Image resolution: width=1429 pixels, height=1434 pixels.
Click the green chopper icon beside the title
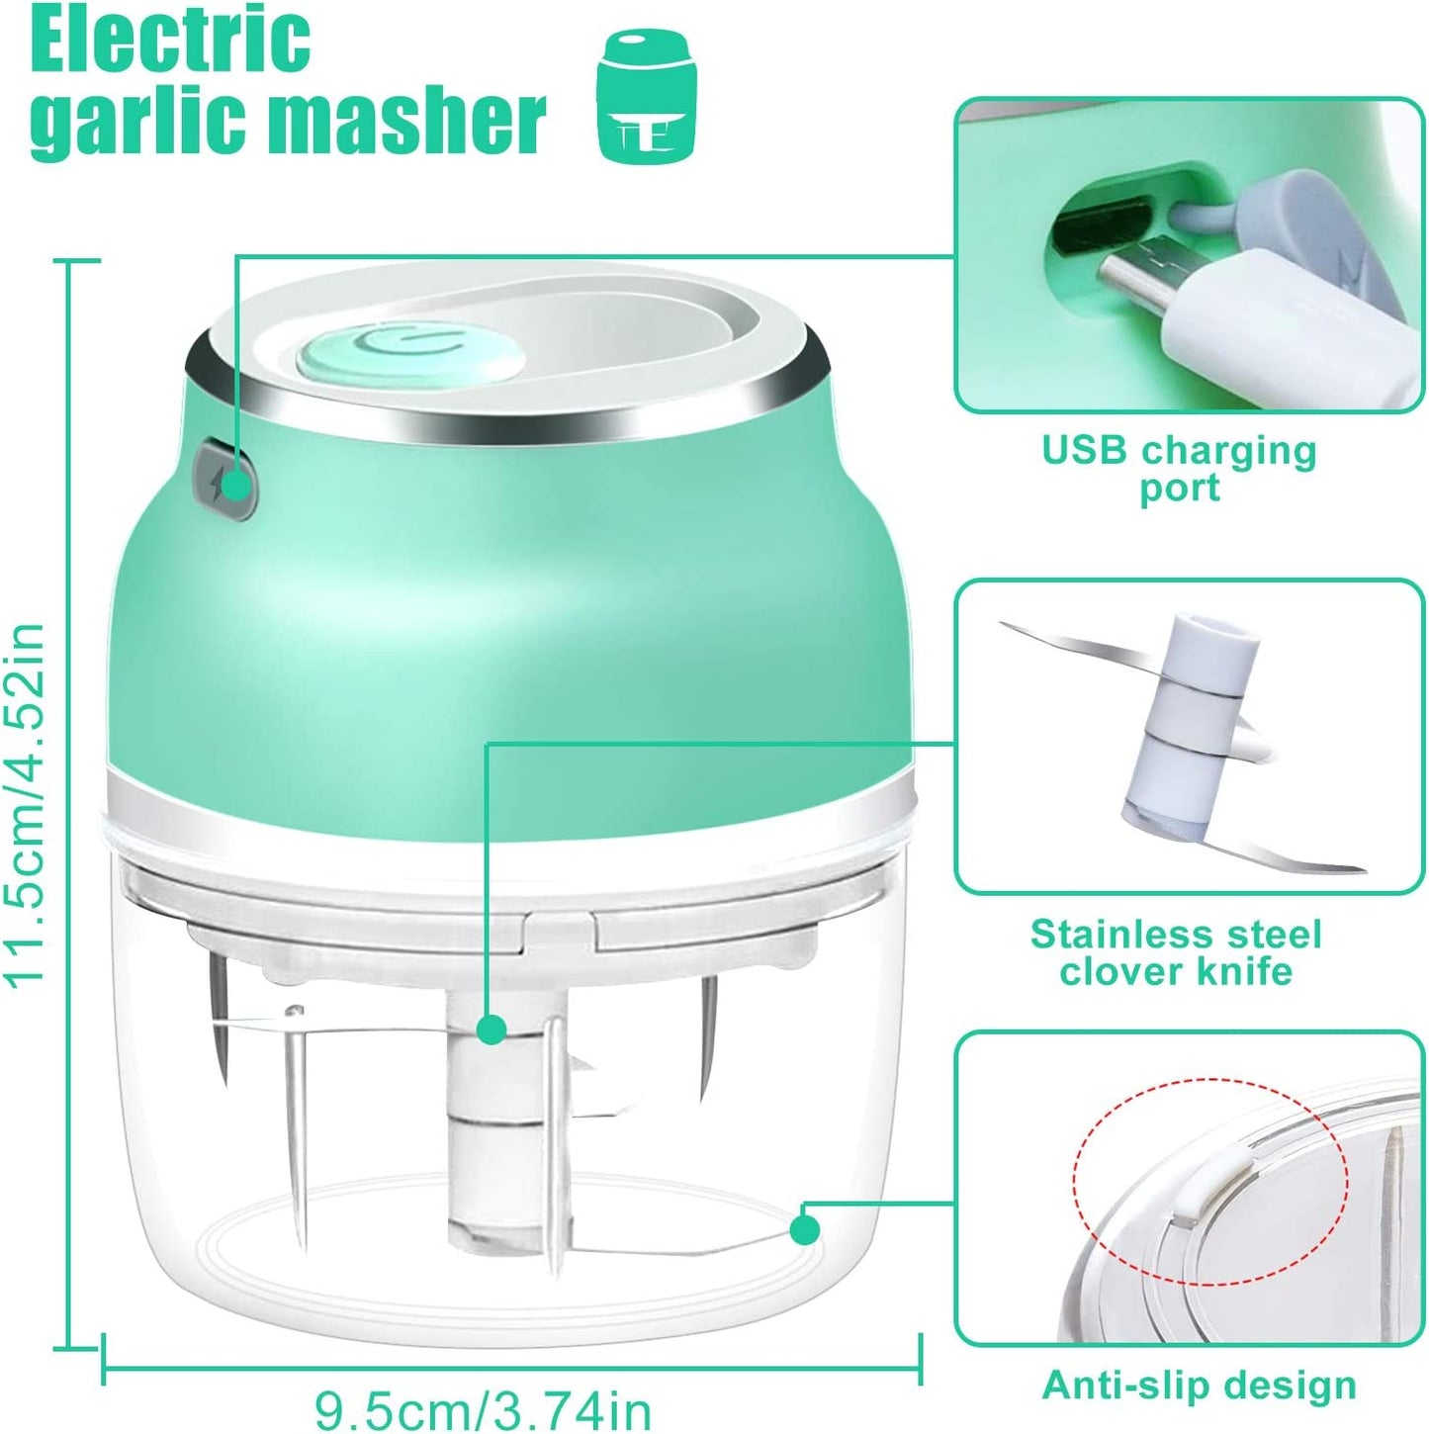pyautogui.click(x=647, y=96)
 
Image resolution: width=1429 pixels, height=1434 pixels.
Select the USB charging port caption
pyautogui.click(x=1179, y=469)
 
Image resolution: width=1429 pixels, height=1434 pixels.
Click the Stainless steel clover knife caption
pyautogui.click(x=1176, y=952)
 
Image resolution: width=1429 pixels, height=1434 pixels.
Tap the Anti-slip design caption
pyautogui.click(x=1199, y=1386)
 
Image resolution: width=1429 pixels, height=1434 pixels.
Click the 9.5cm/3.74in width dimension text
pyautogui.click(x=483, y=1408)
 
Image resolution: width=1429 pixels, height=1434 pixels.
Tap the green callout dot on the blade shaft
pyautogui.click(x=491, y=1030)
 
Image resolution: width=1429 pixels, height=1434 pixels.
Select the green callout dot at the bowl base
pyautogui.click(x=805, y=1230)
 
